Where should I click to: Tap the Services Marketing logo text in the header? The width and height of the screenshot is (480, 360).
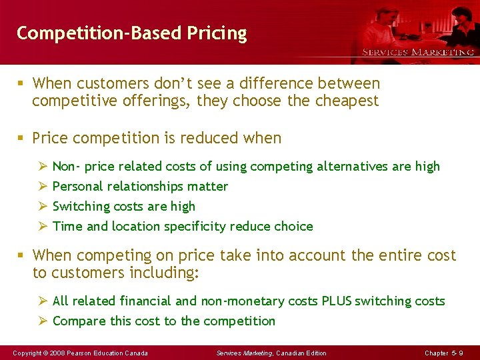[x=418, y=52]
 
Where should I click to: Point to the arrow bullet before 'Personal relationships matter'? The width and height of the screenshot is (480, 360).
[x=43, y=187]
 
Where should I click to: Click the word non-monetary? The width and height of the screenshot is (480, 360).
[x=245, y=301]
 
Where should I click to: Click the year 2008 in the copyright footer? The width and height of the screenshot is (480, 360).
[x=56, y=353]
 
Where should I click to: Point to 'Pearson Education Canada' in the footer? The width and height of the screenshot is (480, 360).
[x=108, y=353]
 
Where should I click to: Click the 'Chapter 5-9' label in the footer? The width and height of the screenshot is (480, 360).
[x=444, y=353]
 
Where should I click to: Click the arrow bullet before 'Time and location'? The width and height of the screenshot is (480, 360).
[x=43, y=227]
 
